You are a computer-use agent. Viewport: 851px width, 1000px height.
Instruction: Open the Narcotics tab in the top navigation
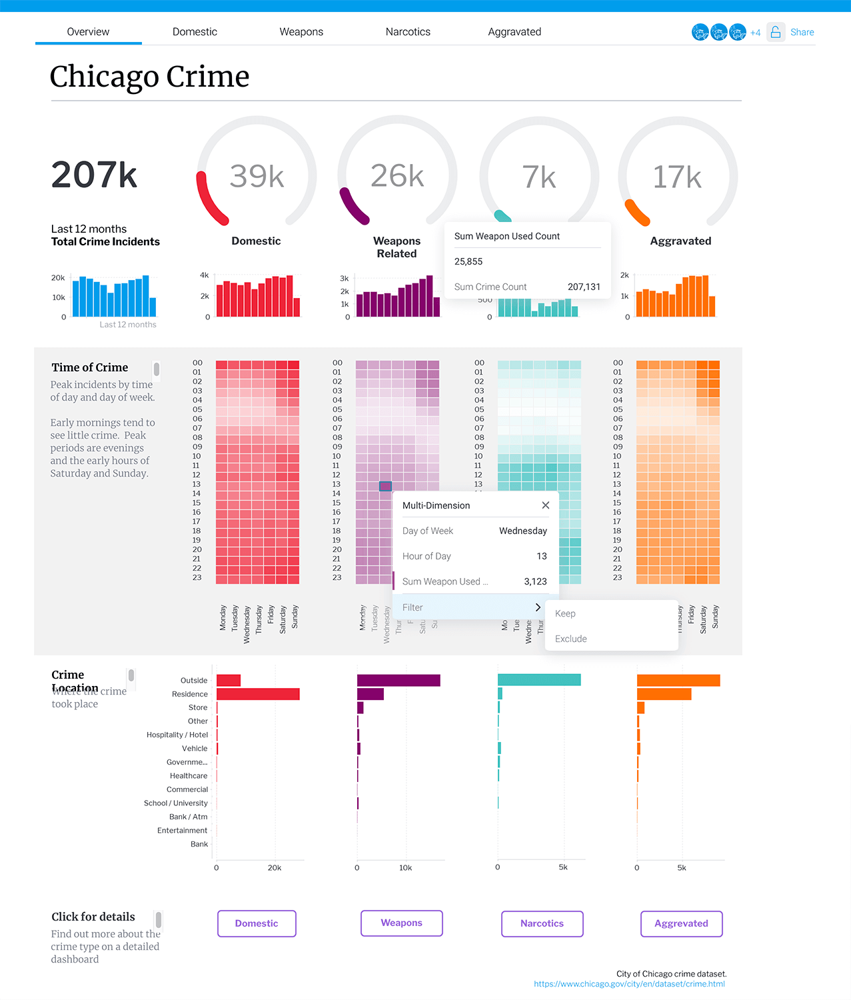tap(408, 32)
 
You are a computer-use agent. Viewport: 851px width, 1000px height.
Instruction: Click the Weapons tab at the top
tap(301, 32)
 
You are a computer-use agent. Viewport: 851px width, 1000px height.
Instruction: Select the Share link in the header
tap(802, 32)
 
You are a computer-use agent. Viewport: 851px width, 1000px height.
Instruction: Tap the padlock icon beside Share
tap(776, 32)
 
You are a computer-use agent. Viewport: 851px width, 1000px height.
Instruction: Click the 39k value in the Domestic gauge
tap(257, 177)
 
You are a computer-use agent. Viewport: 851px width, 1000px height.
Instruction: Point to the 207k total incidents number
tap(94, 175)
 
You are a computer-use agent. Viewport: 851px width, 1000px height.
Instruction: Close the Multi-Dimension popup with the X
tap(546, 505)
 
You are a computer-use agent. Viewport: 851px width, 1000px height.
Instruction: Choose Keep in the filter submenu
tap(565, 613)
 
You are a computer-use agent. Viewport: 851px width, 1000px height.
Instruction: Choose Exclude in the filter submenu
tap(571, 639)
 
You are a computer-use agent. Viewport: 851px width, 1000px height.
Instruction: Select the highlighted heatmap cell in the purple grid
tap(385, 486)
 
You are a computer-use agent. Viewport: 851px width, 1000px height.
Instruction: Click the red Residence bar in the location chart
tap(258, 694)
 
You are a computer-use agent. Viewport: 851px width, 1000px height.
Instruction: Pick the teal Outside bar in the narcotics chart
tap(539, 680)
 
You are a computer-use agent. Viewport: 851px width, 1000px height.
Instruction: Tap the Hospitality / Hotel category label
tap(177, 735)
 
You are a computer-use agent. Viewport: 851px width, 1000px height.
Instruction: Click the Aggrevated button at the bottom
tap(681, 923)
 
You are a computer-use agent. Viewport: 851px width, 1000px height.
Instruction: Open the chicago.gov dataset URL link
tap(629, 984)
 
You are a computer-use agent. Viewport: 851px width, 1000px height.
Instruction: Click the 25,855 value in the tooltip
tap(468, 261)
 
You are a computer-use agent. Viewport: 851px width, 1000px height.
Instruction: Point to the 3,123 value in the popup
tap(535, 581)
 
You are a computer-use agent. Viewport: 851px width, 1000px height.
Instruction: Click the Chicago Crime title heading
tap(150, 77)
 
